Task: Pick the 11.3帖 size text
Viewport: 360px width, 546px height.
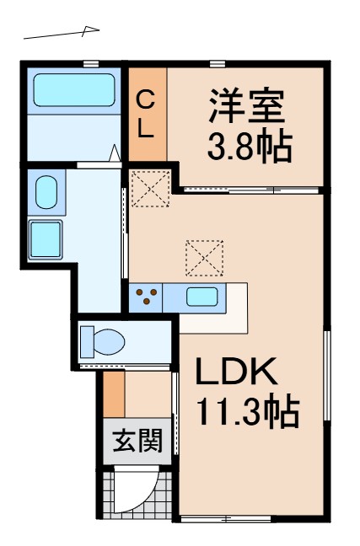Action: (247, 412)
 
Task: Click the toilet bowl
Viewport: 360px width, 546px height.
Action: (101, 342)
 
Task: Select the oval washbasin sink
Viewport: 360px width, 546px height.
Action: (46, 193)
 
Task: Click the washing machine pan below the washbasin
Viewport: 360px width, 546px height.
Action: (46, 238)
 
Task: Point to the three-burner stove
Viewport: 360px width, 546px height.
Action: (148, 297)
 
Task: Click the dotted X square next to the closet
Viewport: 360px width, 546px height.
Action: (151, 188)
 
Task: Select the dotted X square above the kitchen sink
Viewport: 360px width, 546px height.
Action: (205, 258)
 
